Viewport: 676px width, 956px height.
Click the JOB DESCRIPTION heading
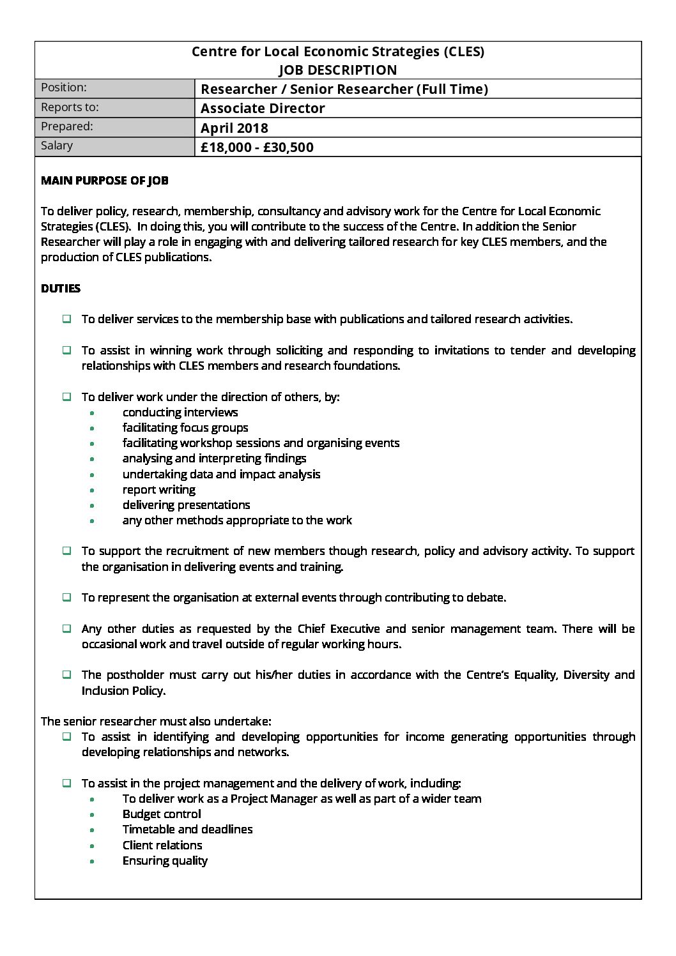click(337, 70)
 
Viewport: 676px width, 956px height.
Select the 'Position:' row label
click(63, 87)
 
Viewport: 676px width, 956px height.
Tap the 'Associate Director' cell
click(263, 109)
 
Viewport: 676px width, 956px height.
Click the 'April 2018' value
click(234, 128)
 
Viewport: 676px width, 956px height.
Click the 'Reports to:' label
click(70, 107)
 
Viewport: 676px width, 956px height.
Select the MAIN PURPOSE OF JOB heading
click(105, 181)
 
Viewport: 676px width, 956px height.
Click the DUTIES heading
click(61, 289)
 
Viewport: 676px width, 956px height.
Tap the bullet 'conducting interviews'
click(180, 413)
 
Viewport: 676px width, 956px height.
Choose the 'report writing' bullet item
click(159, 490)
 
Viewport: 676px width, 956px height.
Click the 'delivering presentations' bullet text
click(186, 505)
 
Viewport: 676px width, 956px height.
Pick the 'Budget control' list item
click(162, 814)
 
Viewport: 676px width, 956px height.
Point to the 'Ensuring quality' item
click(165, 861)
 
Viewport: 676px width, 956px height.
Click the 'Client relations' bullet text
click(162, 846)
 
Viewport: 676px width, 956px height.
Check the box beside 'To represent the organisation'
click(66, 598)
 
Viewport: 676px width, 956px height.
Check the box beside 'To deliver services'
click(66, 319)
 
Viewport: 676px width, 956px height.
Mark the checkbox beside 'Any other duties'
click(66, 629)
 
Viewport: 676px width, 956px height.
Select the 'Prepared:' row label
click(66, 126)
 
